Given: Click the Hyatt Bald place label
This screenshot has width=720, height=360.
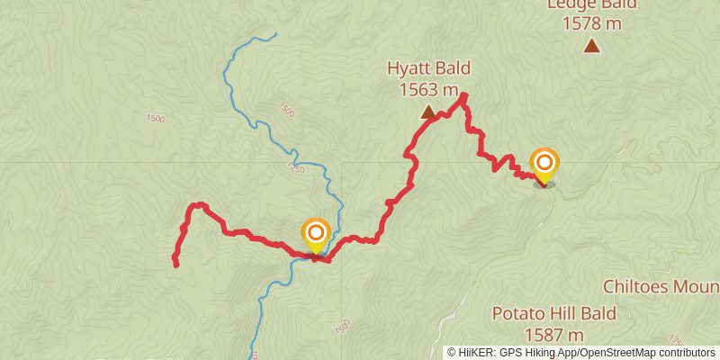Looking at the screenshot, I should coord(428,68).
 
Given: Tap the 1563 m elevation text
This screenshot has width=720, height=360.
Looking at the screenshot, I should coord(428,89).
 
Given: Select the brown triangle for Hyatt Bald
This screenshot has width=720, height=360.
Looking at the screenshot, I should coord(428,112).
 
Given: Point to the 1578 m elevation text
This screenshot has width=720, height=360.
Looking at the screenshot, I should coord(591,23).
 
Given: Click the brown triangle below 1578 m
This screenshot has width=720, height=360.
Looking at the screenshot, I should coord(591,46).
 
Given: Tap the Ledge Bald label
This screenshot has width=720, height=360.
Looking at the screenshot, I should coord(591,4).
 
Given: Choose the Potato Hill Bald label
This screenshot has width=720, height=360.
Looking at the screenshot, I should coord(553,313).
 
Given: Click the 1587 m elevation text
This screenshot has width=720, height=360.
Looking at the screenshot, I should coord(553,334).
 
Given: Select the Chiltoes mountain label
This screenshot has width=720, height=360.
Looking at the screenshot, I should coord(662,286).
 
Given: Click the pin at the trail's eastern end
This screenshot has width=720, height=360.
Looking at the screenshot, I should coord(544,166).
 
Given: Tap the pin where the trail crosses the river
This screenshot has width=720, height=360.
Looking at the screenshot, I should coord(315,236).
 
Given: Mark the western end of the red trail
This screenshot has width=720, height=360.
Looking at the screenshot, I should coord(175,264).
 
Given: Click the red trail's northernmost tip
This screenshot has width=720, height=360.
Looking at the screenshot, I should coord(464,94).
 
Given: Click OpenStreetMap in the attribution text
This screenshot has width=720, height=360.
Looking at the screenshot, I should coord(616,352).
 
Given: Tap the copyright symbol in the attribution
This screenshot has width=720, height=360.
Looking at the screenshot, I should coord(453,352).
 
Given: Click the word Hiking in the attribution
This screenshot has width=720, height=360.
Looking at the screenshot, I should coord(536,352).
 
